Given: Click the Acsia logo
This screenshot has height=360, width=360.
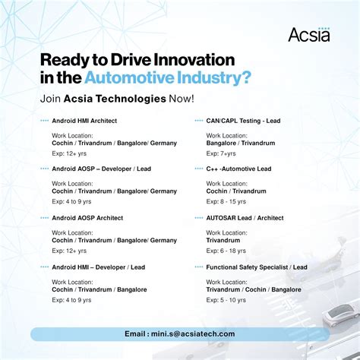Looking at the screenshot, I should (x=309, y=35).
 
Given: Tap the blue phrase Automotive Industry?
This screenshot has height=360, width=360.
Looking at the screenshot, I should (x=168, y=77).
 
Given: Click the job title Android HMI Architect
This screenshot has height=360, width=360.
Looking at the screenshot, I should (x=84, y=120).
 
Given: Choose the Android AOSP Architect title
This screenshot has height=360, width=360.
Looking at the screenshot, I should (x=87, y=218).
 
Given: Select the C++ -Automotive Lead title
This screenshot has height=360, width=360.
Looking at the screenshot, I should (x=239, y=169).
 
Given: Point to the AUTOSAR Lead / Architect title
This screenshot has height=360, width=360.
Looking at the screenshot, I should (x=245, y=218).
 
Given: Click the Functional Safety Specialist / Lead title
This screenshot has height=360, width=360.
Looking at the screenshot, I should (x=257, y=267).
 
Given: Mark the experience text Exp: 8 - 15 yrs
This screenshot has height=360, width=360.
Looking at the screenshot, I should (x=227, y=202).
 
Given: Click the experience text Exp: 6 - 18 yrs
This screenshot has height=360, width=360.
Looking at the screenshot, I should (x=227, y=251).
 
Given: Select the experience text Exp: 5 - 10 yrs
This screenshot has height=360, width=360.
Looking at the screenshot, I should (x=227, y=300).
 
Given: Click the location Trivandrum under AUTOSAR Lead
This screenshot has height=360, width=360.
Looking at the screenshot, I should (x=223, y=240).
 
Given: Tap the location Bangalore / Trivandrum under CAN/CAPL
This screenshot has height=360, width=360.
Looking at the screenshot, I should (x=240, y=143).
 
